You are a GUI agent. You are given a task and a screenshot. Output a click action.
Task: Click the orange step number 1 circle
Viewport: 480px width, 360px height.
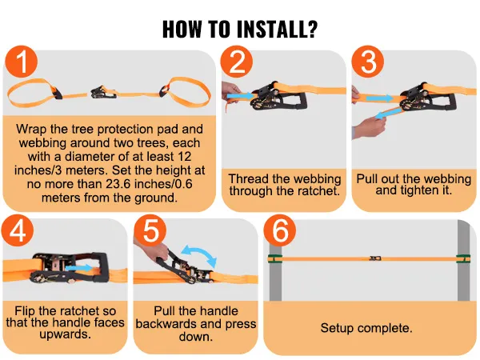point(21,62)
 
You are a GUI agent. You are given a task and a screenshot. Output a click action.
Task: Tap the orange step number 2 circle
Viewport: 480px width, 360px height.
point(237,62)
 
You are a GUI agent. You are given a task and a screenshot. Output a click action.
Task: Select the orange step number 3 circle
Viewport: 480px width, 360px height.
point(368,62)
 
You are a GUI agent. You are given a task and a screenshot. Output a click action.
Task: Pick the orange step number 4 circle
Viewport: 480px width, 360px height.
point(18,230)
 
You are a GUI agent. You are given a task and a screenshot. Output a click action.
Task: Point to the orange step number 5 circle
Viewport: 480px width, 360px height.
point(150,230)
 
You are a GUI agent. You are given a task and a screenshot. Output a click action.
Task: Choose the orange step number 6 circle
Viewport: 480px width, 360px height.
point(280,230)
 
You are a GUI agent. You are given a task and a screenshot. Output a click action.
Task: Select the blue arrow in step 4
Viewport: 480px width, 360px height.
point(78,268)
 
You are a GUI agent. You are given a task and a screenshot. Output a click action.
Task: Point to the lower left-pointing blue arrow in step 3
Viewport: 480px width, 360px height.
point(388,114)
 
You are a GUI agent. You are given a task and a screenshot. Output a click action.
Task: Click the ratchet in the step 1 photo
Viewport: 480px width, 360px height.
point(103,92)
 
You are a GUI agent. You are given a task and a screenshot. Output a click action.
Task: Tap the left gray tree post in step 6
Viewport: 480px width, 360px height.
point(275,273)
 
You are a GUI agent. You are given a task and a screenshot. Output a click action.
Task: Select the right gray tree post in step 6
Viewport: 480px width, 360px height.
point(464,260)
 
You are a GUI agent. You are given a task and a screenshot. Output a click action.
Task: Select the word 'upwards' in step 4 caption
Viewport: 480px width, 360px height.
point(66,334)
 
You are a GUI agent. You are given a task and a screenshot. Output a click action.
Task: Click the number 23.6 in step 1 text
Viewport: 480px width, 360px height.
point(118,184)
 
